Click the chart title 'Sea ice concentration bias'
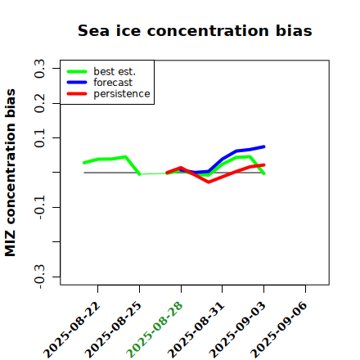click(195, 30)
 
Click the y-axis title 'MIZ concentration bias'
click(10, 173)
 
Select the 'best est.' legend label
click(115, 71)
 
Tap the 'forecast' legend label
click(113, 83)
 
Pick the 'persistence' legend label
click(122, 94)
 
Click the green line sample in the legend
click(77, 71)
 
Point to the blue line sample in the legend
click(77, 83)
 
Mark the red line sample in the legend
click(77, 94)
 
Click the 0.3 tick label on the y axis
click(39, 69)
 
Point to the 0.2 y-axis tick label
click(39, 103)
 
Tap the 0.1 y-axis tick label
click(39, 138)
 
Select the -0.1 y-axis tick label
click(39, 208)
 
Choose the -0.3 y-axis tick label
click(39, 277)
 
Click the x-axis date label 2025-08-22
click(72, 331)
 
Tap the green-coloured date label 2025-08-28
click(155, 330)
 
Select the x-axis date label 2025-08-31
click(196, 330)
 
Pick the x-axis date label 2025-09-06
click(279, 330)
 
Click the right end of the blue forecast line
click(264, 146)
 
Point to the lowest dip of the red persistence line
click(209, 182)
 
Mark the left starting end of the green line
click(84, 163)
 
